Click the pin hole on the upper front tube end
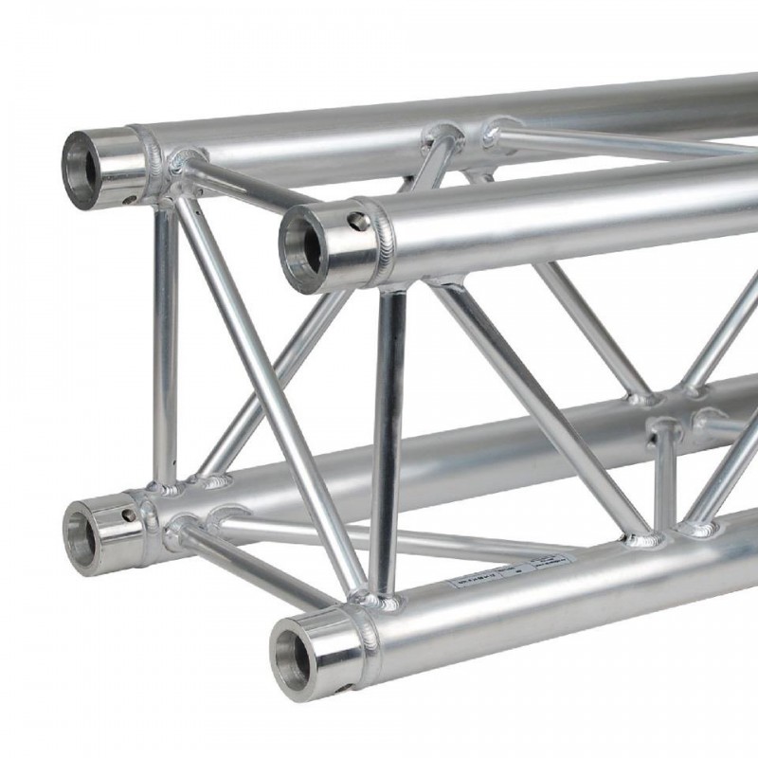coord(357,222)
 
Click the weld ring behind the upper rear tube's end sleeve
coord(152,160)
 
